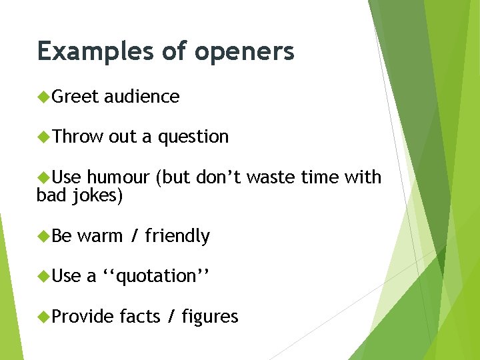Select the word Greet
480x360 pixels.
(x=75, y=97)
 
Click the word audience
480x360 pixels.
(x=141, y=97)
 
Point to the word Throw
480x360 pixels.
(x=77, y=137)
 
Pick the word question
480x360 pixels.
(x=193, y=137)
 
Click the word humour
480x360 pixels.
(x=118, y=177)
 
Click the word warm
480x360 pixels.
(x=100, y=236)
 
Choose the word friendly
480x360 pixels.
(x=177, y=236)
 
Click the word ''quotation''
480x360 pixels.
(x=157, y=276)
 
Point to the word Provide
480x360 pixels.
(x=83, y=317)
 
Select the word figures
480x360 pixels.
(x=209, y=317)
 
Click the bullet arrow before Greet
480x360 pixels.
(x=44, y=97)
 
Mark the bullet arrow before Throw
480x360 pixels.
(x=44, y=137)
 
